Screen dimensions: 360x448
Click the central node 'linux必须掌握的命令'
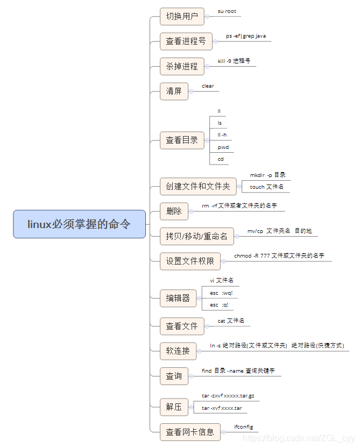[x=79, y=224]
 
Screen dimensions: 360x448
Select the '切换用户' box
[x=182, y=16]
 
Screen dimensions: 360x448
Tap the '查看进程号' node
[x=186, y=41]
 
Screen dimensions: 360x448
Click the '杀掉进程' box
[x=182, y=66]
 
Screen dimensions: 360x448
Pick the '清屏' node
[x=174, y=91]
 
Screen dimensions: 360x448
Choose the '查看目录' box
[x=182, y=140]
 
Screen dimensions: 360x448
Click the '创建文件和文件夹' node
[x=197, y=187]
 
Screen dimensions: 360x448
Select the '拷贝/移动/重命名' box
[x=196, y=236]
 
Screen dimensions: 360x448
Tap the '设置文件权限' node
[x=190, y=261]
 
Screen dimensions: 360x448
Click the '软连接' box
[x=178, y=351]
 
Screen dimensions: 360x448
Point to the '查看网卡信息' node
[x=189, y=431]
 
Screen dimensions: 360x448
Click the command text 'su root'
[x=227, y=11]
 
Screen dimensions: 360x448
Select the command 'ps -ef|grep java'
[x=245, y=36]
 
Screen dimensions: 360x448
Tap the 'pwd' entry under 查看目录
[x=223, y=147]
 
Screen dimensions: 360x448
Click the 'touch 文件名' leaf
[x=266, y=187]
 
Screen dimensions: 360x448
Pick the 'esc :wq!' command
[x=224, y=293]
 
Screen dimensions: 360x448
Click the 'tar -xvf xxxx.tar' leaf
[x=222, y=408]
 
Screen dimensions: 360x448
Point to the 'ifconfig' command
[x=243, y=426]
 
